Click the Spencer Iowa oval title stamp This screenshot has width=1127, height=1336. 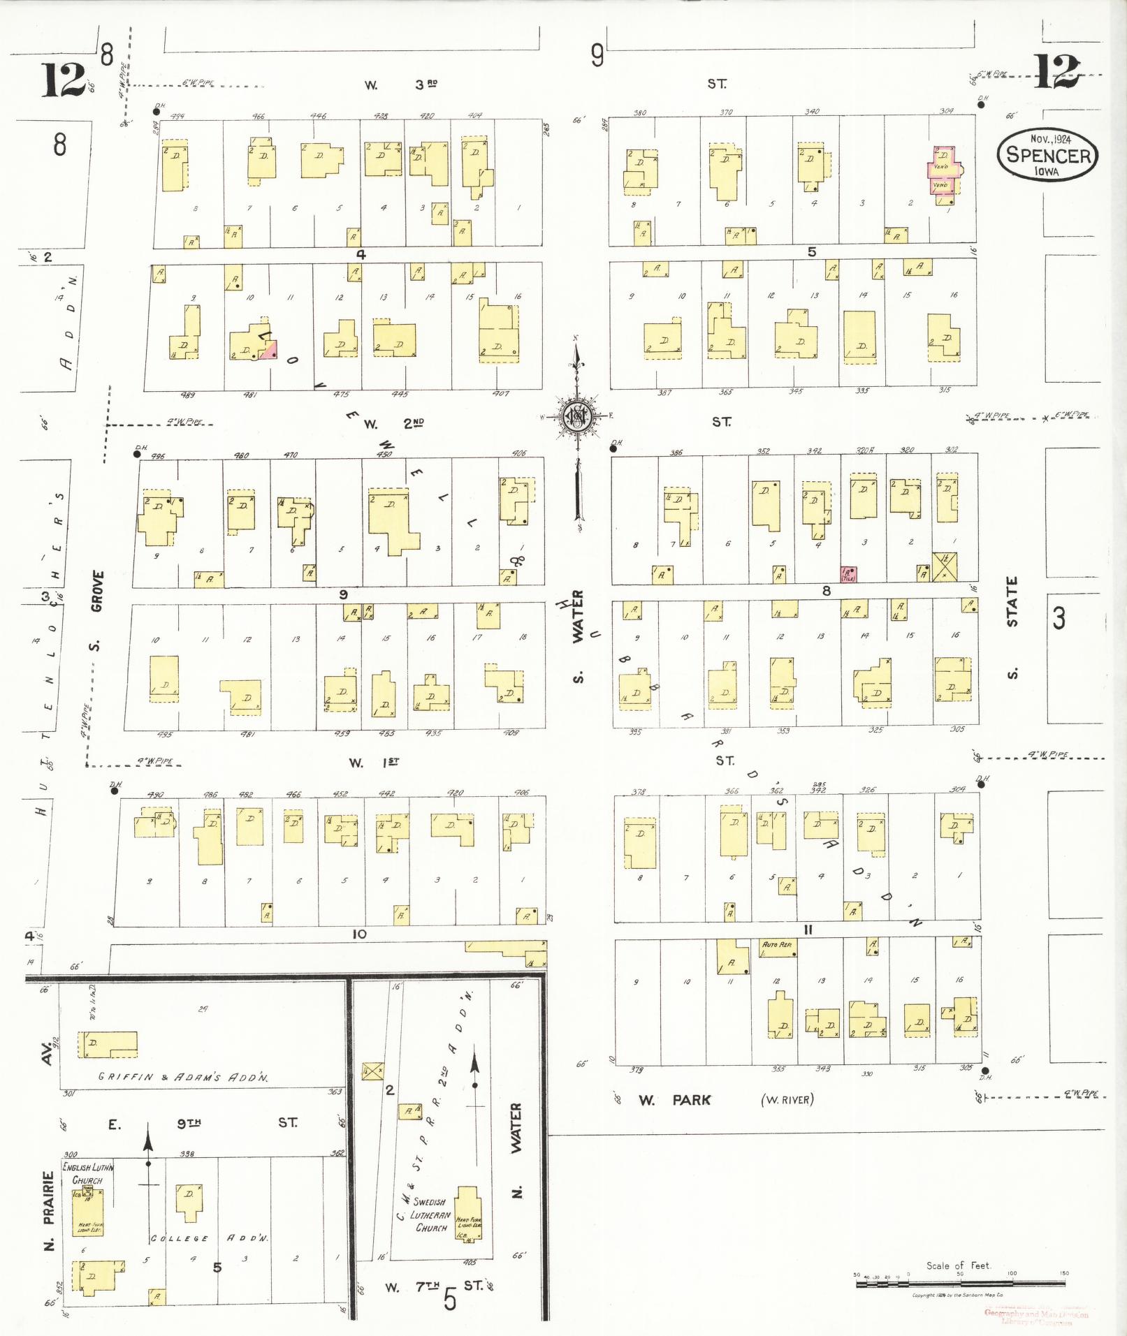point(1047,155)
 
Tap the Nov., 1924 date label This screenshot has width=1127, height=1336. point(1049,138)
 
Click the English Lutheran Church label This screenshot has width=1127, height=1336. point(87,1174)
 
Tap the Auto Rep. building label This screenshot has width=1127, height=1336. point(777,944)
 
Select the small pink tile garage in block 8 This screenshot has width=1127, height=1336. point(848,575)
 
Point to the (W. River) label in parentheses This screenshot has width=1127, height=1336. point(787,1101)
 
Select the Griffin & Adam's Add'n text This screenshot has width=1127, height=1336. point(182,1077)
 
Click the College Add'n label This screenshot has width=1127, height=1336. point(210,1238)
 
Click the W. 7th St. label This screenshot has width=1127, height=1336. point(433,1286)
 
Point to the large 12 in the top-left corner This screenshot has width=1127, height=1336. point(62,79)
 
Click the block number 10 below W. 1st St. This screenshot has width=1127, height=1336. point(359,934)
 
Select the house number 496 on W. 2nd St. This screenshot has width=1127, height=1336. point(158,456)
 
